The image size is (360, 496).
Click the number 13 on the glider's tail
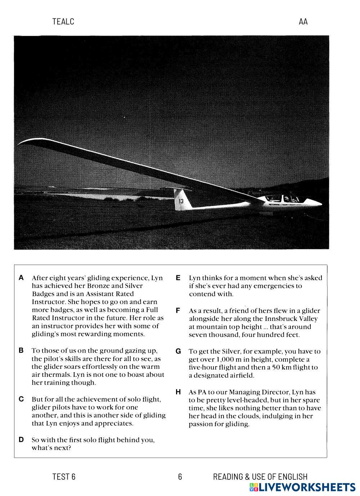point(181,201)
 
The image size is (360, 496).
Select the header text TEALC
point(63,22)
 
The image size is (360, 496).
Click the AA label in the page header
point(303,22)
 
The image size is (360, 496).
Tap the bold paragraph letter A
point(21,278)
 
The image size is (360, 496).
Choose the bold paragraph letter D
point(21,439)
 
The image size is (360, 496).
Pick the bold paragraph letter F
point(178,310)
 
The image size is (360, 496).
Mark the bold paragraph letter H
point(178,392)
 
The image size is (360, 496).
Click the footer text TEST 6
point(64,477)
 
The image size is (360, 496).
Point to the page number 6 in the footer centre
point(180,477)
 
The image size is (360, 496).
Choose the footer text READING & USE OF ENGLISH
point(260,477)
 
